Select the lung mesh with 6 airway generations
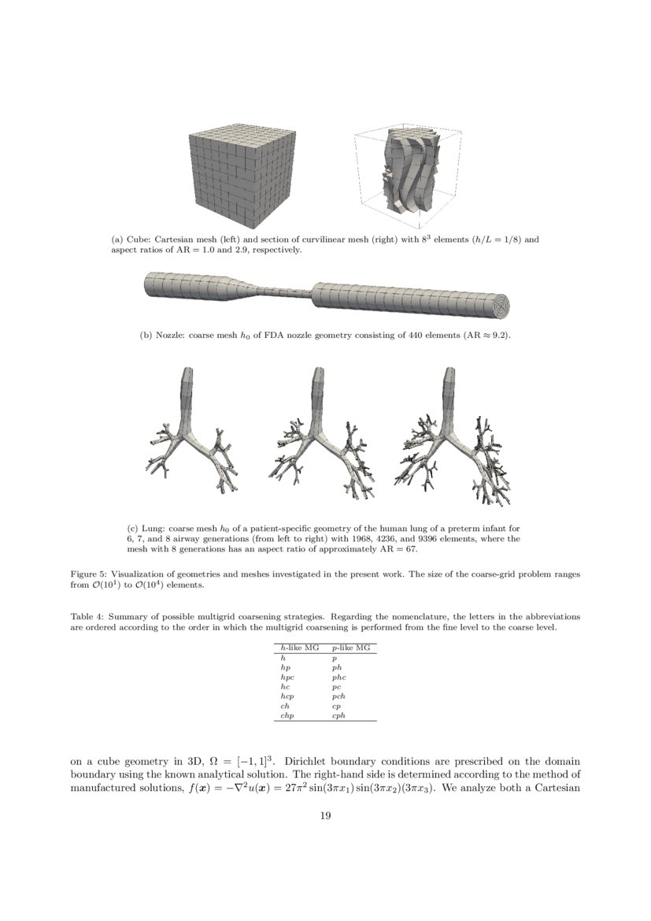[190, 437]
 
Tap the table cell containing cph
[338, 715]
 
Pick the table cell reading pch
[338, 696]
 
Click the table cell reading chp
[287, 715]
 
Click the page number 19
[325, 815]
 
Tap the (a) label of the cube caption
[117, 239]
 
